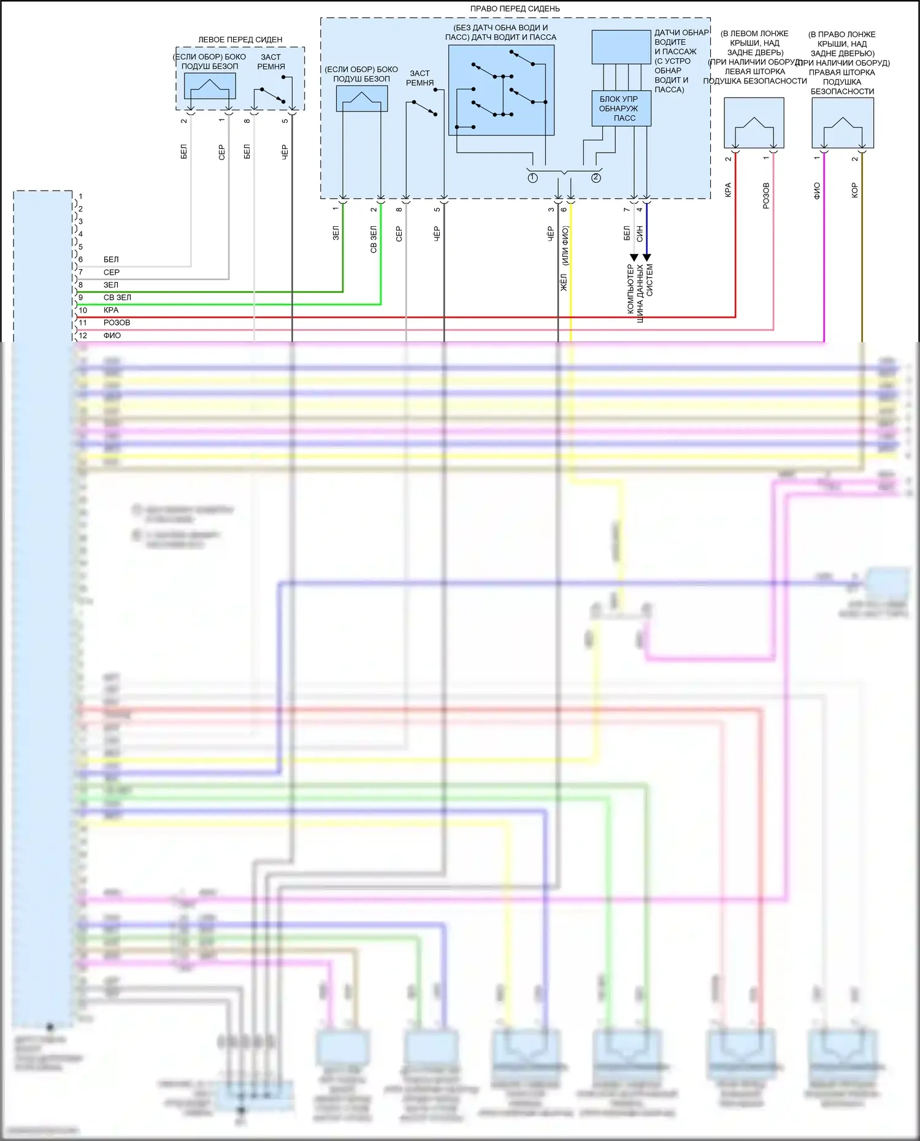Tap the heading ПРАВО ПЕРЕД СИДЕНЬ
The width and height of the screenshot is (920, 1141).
pos(515,9)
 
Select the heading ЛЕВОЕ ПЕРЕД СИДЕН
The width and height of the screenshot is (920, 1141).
pos(240,39)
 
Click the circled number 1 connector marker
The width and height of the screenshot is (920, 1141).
pos(532,178)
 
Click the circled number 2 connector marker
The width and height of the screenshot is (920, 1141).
pos(596,178)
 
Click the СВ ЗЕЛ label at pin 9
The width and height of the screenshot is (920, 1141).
pos(117,297)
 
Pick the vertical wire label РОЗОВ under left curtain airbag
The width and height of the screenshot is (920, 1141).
pos(766,195)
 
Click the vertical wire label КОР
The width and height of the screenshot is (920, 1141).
pos(854,190)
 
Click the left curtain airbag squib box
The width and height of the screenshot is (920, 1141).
pos(754,123)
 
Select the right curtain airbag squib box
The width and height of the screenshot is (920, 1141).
pos(842,123)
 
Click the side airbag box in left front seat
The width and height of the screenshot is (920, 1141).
pos(210,86)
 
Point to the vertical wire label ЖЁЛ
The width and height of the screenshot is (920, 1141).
pos(564,283)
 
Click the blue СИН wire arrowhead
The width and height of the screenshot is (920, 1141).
pos(646,258)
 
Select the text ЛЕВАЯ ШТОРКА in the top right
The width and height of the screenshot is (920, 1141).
pos(754,71)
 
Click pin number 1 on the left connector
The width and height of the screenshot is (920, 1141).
pos(80,196)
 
